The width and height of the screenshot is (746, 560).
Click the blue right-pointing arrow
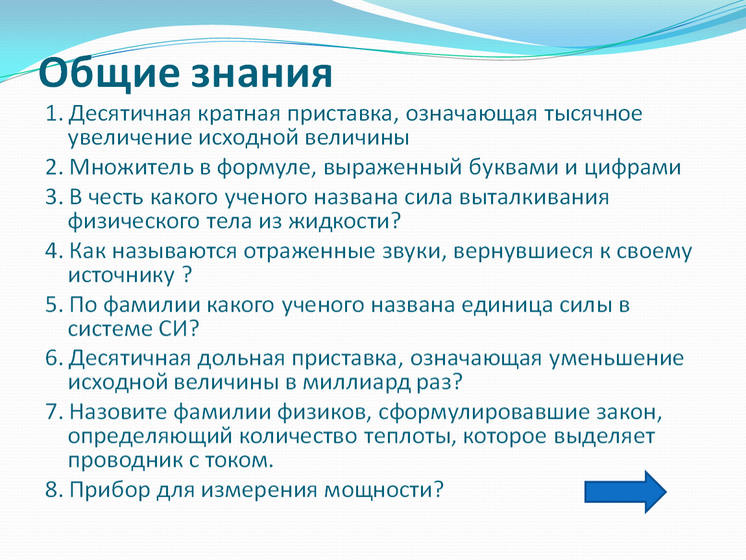point(625,492)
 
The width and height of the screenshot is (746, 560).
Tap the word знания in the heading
point(261,75)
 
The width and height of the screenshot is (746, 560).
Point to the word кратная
point(239,115)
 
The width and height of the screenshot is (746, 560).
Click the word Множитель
point(133,167)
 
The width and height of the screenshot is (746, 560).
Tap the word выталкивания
point(534,198)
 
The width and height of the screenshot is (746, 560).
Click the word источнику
point(121,275)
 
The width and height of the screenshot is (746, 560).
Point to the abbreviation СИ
point(174,329)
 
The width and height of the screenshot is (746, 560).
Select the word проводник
point(124,461)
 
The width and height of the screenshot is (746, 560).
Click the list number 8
point(53,489)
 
